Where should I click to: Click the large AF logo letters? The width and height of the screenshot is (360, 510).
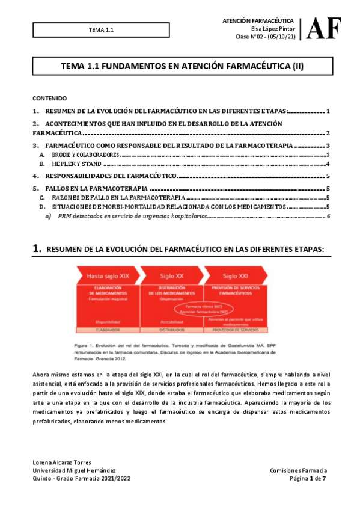pyautogui.click(x=325, y=28)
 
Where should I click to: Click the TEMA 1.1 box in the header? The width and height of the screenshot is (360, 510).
pyautogui.click(x=101, y=29)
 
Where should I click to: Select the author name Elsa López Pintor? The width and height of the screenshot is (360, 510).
pyautogui.click(x=272, y=28)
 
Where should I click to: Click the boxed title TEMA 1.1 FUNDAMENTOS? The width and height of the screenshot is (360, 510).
pyautogui.click(x=179, y=68)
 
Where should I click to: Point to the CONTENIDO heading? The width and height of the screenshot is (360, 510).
pyautogui.click(x=49, y=98)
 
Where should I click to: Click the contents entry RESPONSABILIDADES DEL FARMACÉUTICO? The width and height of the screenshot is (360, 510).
pyautogui.click(x=111, y=176)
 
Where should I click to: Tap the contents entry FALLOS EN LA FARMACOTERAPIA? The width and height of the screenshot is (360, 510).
pyautogui.click(x=97, y=189)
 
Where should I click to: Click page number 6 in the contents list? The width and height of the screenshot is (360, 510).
pyautogui.click(x=328, y=215)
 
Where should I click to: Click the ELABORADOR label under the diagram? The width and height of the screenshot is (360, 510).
pyautogui.click(x=109, y=330)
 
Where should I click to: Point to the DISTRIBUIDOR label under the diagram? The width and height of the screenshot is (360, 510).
pyautogui.click(x=171, y=330)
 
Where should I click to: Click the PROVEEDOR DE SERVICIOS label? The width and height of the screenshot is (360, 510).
pyautogui.click(x=234, y=330)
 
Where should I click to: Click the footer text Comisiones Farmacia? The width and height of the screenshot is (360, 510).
pyautogui.click(x=299, y=470)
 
